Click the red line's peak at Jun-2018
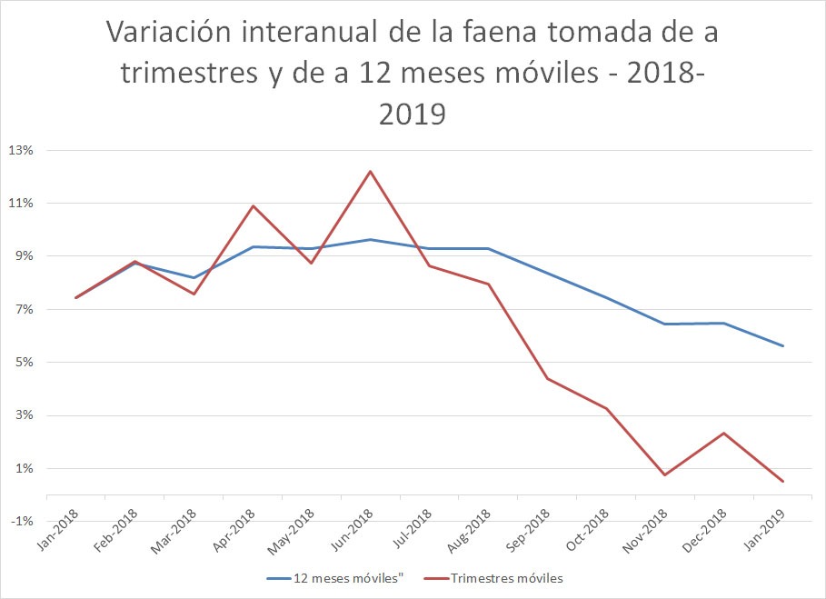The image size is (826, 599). click(x=370, y=171)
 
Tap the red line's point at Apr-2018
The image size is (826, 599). click(x=253, y=205)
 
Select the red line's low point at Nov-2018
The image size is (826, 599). click(x=664, y=474)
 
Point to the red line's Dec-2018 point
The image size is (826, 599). click(x=723, y=433)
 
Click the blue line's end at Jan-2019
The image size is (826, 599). click(x=782, y=345)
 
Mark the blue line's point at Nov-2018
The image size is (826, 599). click(x=664, y=324)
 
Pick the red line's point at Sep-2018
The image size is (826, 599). click(x=547, y=378)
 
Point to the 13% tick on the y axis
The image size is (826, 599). click(x=21, y=150)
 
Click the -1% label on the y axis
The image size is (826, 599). click(x=21, y=522)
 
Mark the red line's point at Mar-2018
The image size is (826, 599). click(x=194, y=294)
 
